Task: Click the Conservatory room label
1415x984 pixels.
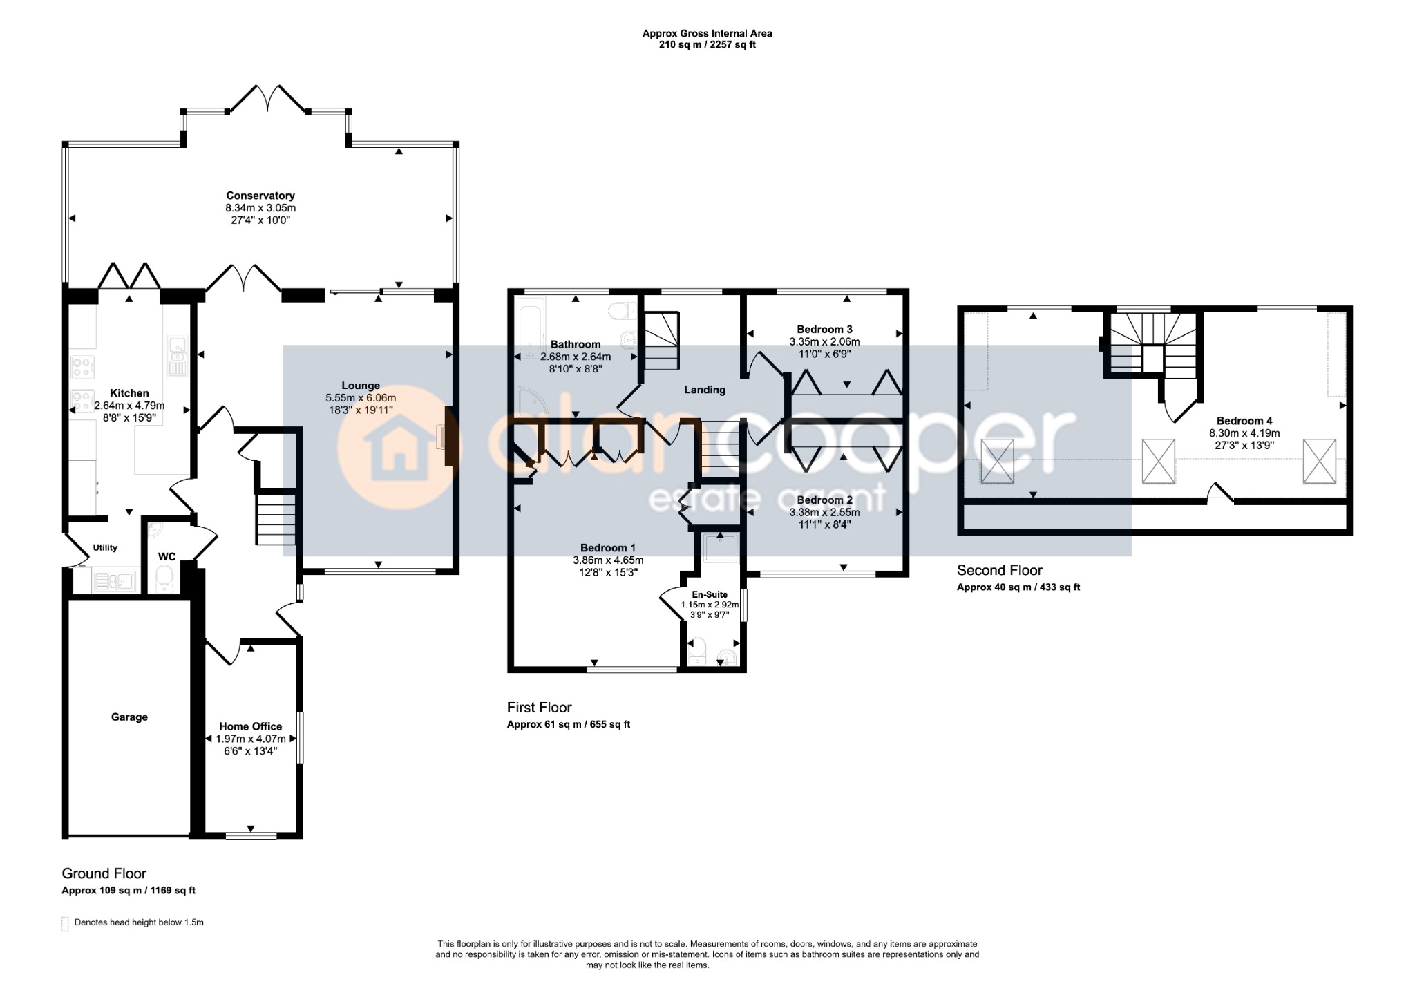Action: coord(260,196)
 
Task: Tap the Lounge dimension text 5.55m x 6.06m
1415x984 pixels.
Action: coord(361,398)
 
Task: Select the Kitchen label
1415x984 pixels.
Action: coord(129,393)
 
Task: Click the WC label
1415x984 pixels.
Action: coord(167,556)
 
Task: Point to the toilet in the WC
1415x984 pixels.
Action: coord(164,578)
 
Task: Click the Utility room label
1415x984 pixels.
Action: coord(105,547)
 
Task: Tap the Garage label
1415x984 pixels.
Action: coord(129,717)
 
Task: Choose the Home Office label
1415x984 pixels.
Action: coord(251,726)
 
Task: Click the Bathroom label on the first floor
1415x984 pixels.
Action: coord(576,344)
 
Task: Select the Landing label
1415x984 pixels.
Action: coord(705,390)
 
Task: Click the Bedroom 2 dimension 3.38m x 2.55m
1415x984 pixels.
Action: coord(824,512)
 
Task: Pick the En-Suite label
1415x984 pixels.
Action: coord(710,594)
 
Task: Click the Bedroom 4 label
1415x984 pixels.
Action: coord(1244,420)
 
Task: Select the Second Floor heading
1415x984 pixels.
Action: coord(999,570)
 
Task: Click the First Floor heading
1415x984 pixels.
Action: coord(540,708)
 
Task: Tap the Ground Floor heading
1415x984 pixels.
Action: coord(104,873)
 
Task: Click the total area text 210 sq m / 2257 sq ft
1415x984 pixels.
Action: coord(707,45)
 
